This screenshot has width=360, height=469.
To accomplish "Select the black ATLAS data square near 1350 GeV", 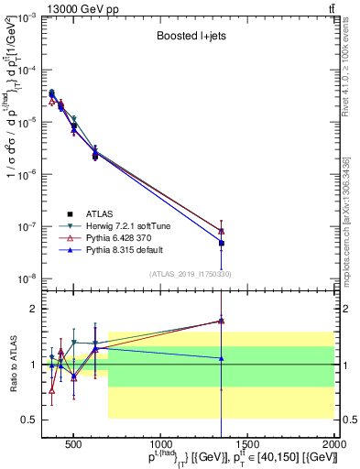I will pyautogui.click(x=221, y=244).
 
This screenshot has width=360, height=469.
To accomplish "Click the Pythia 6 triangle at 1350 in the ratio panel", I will pyautogui.click(x=221, y=321).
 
